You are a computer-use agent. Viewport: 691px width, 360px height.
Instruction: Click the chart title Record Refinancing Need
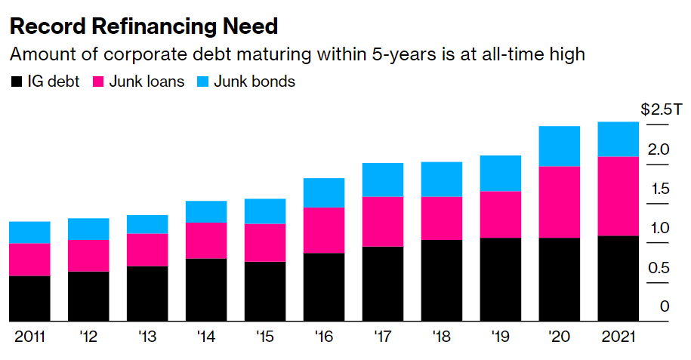tap(143, 27)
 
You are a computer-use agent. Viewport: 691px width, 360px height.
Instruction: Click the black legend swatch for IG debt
tap(16, 82)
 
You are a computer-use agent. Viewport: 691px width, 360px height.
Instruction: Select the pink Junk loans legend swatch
tap(97, 82)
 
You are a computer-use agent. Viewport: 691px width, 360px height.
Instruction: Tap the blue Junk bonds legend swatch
tap(202, 82)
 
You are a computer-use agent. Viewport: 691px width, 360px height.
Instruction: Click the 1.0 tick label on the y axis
tap(659, 228)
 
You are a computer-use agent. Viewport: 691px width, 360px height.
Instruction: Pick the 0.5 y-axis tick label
tap(659, 267)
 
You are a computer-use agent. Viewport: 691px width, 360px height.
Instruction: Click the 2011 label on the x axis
tap(29, 337)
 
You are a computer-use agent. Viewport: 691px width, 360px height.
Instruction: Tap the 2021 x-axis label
tap(618, 337)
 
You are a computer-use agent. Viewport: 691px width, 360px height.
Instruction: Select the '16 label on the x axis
tap(323, 337)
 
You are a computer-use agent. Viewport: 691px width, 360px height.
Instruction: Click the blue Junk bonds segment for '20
tap(560, 146)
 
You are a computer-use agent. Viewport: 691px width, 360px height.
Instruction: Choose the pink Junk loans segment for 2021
tap(618, 196)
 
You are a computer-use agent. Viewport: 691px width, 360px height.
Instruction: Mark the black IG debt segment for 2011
tap(29, 299)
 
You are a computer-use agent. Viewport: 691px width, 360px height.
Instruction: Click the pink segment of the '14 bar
tap(206, 241)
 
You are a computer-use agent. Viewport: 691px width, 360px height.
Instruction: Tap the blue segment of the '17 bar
tap(382, 180)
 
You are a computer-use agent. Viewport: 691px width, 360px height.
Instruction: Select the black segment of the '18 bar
tap(441, 281)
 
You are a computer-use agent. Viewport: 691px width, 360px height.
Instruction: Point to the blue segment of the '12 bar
tap(88, 229)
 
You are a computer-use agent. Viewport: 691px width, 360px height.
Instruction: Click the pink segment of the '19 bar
tap(500, 215)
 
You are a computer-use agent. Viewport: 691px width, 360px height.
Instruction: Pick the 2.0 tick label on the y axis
tap(659, 149)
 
